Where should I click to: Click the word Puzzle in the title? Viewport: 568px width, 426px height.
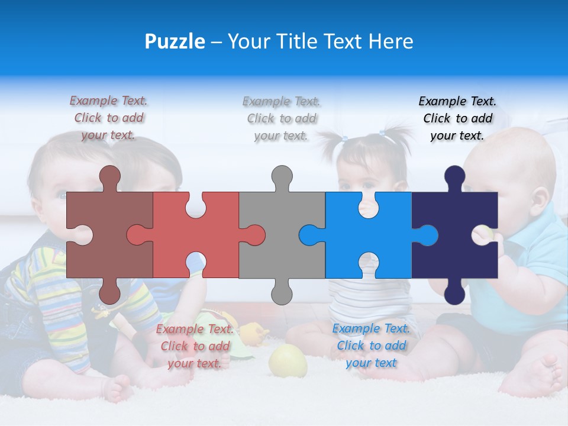coord(175,41)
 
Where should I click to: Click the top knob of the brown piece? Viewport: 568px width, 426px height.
coord(110,176)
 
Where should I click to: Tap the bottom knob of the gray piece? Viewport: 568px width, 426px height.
coord(282,293)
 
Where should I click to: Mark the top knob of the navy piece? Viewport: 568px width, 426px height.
coord(454,176)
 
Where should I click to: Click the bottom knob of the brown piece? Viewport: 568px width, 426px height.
coord(110,293)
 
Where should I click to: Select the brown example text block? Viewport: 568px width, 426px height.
coord(109,118)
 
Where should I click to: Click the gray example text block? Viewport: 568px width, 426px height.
coord(282,118)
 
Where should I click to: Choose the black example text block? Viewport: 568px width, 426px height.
coord(457,118)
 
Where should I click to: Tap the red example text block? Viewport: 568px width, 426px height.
coord(195,346)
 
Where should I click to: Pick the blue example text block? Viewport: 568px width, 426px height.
coord(371,346)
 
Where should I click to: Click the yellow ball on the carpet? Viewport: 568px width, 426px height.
coord(288,360)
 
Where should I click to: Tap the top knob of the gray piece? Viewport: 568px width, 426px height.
coord(282,176)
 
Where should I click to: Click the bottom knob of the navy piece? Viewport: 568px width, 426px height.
coord(454,293)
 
